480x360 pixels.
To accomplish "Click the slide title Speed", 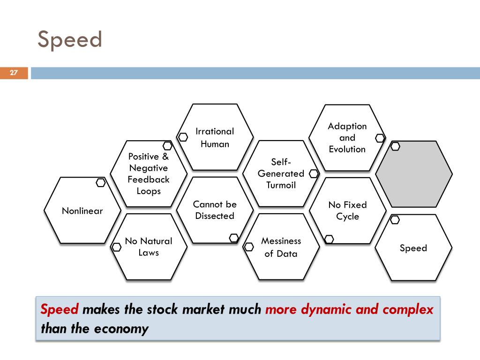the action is (70, 39).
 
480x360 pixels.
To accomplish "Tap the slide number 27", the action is (14, 73).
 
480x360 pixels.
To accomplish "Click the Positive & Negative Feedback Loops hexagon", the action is (149, 173).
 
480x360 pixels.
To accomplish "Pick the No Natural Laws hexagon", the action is (149, 247).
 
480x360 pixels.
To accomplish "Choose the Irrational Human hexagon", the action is (215, 137).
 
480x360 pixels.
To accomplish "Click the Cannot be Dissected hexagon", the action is (215, 210).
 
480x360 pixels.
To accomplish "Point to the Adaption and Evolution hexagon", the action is (347, 137).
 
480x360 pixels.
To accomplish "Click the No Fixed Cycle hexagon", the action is (347, 210).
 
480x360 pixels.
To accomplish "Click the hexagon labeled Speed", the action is (413, 248).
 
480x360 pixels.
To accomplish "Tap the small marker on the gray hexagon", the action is (395, 146).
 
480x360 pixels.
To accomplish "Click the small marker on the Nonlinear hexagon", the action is (100, 183).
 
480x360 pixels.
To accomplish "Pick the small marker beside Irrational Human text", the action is (183, 137).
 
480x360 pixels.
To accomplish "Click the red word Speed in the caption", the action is (60, 310).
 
